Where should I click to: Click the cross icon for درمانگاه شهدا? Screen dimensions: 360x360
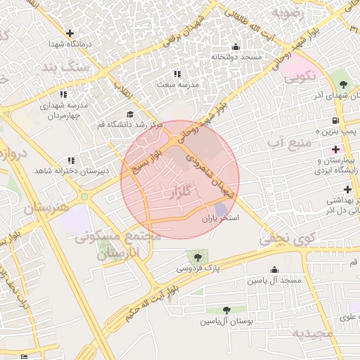pyautogui.click(x=70, y=32)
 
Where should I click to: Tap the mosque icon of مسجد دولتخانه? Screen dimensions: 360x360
pyautogui.click(x=235, y=46)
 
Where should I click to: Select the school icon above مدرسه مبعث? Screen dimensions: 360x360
pyautogui.click(x=176, y=73)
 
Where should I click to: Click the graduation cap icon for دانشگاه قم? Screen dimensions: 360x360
pyautogui.click(x=129, y=114)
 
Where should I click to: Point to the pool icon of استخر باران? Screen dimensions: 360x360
pyautogui.click(x=221, y=209)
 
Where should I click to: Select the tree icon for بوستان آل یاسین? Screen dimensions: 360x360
pyautogui.click(x=226, y=310)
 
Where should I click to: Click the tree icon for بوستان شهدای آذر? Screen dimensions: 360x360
pyautogui.click(x=343, y=84)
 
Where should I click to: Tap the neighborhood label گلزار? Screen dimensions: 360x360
pyautogui.click(x=180, y=192)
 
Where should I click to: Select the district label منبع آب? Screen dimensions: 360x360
pyautogui.click(x=284, y=144)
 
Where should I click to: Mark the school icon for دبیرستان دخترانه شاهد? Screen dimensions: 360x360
pyautogui.click(x=70, y=160)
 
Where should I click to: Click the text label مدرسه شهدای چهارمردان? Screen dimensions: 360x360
pyautogui.click(x=63, y=110)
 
